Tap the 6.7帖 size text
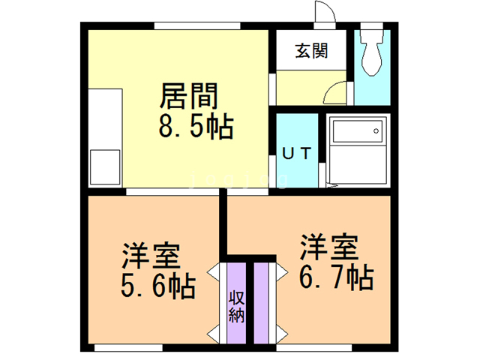click(337, 278)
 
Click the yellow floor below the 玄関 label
click(304, 88)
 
